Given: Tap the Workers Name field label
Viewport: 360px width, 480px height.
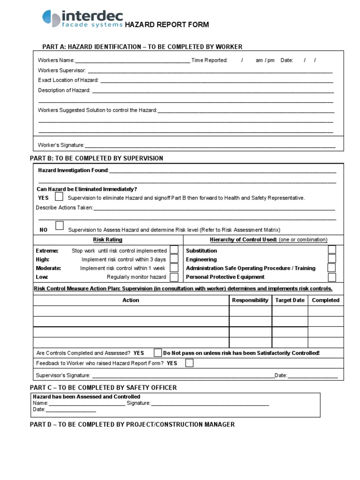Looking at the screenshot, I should [56, 60].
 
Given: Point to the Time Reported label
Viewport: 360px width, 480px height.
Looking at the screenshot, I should [209, 60].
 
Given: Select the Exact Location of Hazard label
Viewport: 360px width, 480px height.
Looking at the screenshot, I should [68, 80].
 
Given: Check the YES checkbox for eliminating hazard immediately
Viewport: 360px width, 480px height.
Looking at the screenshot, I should [59, 196].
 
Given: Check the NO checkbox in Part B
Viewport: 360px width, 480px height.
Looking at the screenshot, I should [59, 226].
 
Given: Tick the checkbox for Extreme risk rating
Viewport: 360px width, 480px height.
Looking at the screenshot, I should [174, 250].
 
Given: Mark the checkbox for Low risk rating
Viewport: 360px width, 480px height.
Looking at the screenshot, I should [174, 277].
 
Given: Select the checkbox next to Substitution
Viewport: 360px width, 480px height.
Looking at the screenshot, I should [332, 250].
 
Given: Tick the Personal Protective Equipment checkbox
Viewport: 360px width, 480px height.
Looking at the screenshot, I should [332, 277].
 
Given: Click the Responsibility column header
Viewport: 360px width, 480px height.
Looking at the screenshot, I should [250, 300].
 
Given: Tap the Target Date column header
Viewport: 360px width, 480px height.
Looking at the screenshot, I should [290, 300].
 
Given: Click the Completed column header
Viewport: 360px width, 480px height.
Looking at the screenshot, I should [325, 300].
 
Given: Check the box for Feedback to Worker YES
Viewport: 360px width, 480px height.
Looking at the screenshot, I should [189, 363].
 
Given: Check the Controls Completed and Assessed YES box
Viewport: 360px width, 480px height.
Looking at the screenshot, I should [158, 352].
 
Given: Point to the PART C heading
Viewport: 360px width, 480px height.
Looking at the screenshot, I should [103, 388].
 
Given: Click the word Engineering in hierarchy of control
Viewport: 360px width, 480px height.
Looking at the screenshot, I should [201, 259].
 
